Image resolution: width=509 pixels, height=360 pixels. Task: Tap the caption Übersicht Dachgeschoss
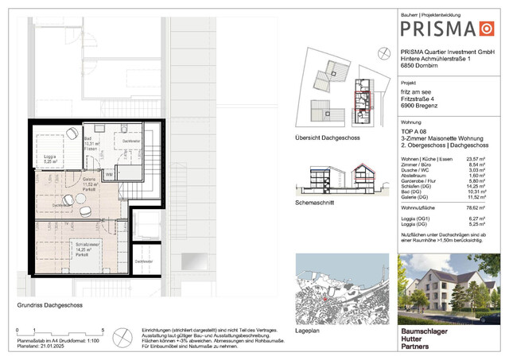328,137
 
